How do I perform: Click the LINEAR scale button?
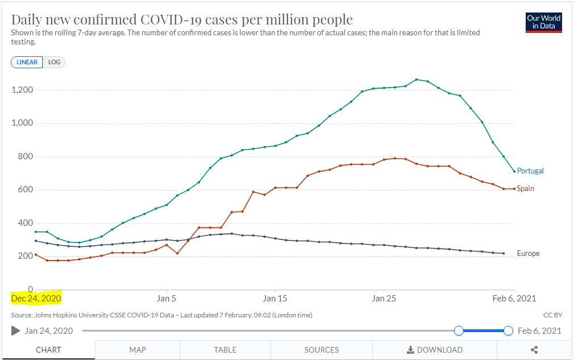tap(27, 62)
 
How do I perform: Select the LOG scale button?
tap(55, 62)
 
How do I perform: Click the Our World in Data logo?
tap(543, 22)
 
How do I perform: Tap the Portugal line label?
tap(530, 171)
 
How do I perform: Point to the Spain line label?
tap(525, 188)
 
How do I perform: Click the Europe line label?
tap(528, 253)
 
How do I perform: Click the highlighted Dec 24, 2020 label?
tap(36, 298)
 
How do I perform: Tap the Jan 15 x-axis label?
tap(275, 298)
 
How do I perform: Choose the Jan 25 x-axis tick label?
tap(384, 298)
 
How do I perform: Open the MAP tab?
tap(137, 350)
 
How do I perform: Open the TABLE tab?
tap(225, 350)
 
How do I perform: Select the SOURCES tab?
tap(321, 350)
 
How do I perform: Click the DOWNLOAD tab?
tap(435, 350)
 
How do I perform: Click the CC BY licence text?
tap(552, 315)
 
